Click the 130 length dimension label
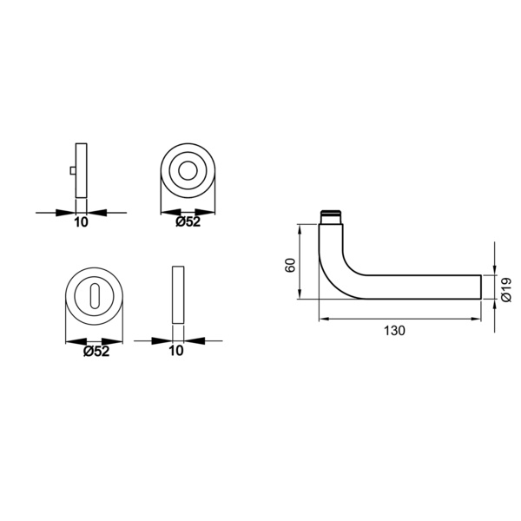395,331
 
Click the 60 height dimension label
290,265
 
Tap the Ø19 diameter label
506,290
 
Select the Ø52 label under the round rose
188,221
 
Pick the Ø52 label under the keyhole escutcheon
96,351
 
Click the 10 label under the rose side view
81,222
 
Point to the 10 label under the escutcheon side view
176,351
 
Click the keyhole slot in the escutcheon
94,294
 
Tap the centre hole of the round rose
188,171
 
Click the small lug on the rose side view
73,170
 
